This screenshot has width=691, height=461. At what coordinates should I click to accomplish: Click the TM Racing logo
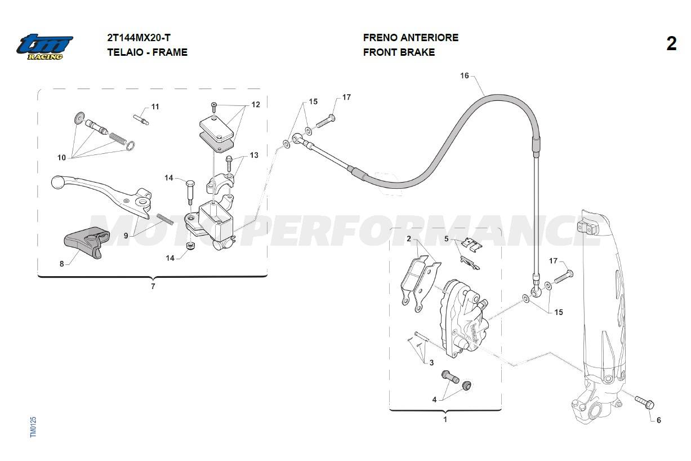pos(44,47)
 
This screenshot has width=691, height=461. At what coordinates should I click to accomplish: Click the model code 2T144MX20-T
pos(139,38)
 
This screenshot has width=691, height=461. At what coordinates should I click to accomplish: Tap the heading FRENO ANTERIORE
pos(411,38)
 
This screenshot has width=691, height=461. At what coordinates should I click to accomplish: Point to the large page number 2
pos(671,44)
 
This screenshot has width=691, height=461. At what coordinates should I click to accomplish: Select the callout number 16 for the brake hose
pos(464,76)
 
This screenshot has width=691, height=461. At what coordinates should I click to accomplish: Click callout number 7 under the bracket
pos(153,286)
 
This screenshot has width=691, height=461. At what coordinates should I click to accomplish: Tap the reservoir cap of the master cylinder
pos(217,131)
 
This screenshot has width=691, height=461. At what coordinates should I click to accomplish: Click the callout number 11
pos(155,107)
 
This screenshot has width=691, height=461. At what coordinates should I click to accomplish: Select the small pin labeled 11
pos(141,119)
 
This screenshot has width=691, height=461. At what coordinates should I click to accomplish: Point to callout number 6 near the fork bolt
pos(658,420)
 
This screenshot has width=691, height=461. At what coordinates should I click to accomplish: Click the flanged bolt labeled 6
pos(645,402)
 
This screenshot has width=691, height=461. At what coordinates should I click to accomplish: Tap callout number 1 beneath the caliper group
pos(445,420)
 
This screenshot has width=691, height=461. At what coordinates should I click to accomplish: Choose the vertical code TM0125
pos(33,427)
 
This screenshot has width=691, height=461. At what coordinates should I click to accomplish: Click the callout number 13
pos(254,155)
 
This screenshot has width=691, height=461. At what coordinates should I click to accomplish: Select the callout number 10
pos(62,157)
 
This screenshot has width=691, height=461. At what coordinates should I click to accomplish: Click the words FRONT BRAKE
pos(399,52)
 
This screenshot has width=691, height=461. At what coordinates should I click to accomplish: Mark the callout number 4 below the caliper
pos(434,400)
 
